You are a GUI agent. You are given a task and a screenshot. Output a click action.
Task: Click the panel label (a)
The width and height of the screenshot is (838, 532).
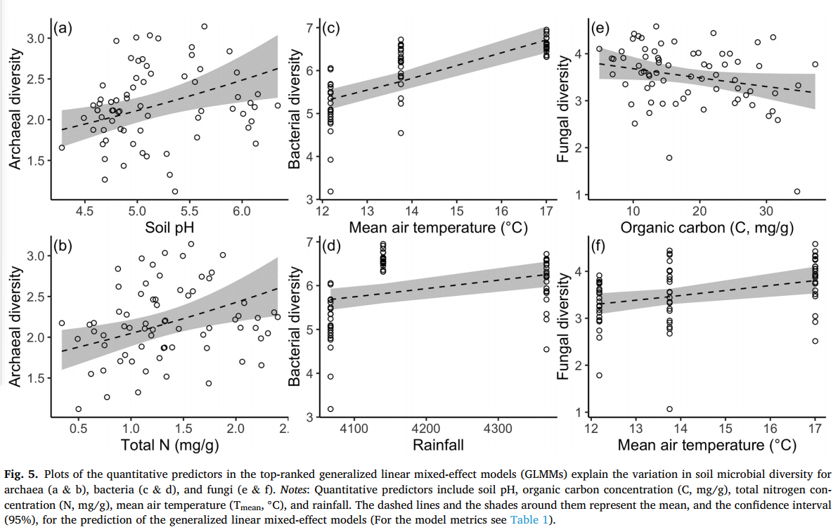[63, 30]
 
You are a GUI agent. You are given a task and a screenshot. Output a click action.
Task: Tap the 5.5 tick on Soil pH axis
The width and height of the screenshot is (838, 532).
[189, 212]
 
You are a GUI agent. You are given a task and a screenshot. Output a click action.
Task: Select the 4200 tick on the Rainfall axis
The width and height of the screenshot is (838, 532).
[426, 428]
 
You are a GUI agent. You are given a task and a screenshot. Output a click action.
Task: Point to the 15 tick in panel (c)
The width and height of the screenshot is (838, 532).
[457, 212]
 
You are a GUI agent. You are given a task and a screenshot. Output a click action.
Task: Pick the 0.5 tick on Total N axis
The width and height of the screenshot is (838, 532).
[78, 428]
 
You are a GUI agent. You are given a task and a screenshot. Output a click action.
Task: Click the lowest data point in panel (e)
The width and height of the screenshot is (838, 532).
[797, 191]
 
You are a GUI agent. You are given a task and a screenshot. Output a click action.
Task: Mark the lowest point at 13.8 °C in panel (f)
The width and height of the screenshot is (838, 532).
[669, 409]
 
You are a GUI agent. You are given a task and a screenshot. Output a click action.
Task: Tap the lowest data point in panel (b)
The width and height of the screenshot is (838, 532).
[79, 409]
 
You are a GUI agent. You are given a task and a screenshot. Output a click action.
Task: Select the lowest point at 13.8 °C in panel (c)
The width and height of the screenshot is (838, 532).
[401, 133]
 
